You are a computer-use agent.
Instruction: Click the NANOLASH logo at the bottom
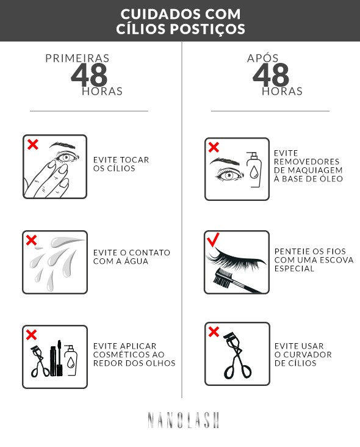(183, 420)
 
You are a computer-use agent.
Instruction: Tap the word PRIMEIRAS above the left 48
(77, 58)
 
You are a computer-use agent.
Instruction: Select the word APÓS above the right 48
(263, 58)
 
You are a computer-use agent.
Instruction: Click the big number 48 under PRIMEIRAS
(89, 75)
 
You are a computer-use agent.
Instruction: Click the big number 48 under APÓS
(271, 75)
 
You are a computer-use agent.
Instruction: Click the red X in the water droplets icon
(32, 241)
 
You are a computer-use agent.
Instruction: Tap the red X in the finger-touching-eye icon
(32, 144)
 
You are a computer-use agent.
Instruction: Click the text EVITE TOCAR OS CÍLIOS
(121, 164)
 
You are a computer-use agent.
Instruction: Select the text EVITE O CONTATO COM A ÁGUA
(132, 256)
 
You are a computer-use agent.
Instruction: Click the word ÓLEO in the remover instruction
(331, 179)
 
